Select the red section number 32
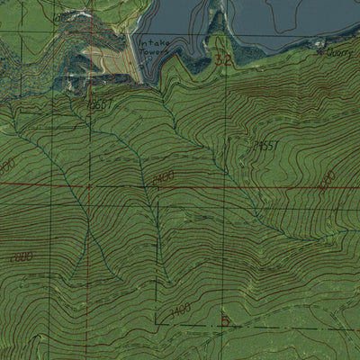pos(224,58)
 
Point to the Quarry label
pos(343,53)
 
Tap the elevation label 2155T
pos(264,144)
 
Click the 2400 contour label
pos(163,177)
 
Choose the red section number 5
pos(225,320)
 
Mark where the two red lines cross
pos(88,186)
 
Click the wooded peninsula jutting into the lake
pos(217,36)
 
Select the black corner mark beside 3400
pos(157,321)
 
